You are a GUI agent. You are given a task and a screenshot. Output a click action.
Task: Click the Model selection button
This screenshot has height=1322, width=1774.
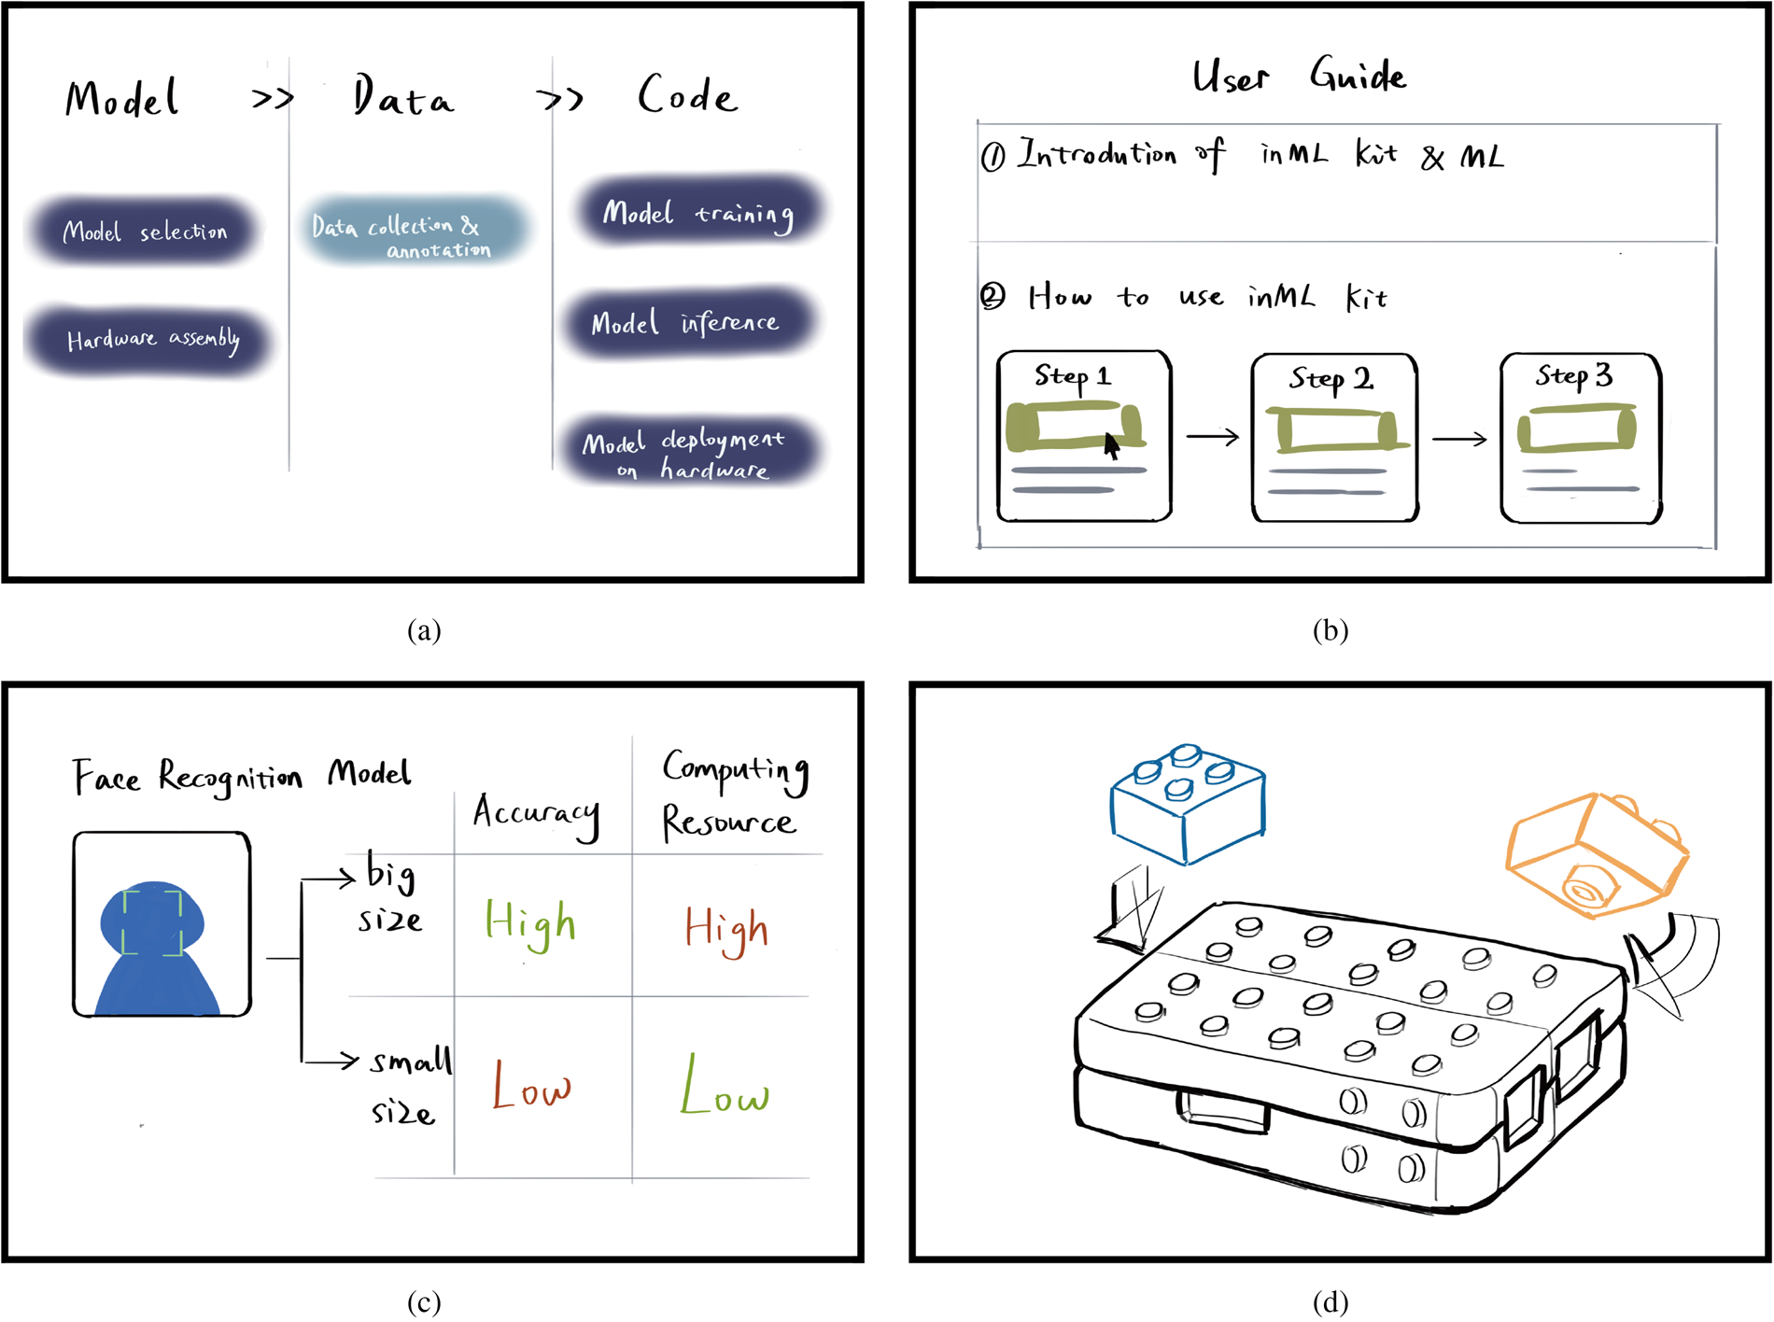click(x=145, y=231)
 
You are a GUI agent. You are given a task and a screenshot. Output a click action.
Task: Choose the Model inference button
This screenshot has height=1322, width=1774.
click(x=686, y=323)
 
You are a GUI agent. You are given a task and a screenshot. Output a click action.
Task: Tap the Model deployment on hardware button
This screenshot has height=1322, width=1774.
click(x=686, y=452)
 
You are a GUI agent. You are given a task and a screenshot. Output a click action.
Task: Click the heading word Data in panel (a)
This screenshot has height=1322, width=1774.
click(x=402, y=97)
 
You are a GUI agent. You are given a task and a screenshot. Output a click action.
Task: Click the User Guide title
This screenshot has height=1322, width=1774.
click(x=1299, y=76)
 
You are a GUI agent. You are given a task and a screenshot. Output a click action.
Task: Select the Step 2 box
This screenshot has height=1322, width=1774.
click(x=1334, y=437)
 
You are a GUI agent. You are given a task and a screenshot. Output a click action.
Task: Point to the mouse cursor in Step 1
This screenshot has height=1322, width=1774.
click(x=1110, y=446)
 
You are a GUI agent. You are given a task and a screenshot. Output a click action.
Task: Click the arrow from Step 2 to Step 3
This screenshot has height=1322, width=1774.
click(x=1458, y=438)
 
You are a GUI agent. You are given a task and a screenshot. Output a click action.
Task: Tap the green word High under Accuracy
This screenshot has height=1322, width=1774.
click(x=530, y=922)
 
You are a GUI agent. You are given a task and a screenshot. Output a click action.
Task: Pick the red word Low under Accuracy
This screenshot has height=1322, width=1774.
click(x=530, y=1085)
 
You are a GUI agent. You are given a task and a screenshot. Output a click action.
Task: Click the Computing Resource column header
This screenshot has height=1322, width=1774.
click(x=732, y=795)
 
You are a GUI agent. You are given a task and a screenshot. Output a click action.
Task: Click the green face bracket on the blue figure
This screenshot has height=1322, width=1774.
click(x=152, y=921)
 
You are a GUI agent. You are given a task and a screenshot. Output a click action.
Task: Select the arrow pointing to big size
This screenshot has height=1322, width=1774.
click(x=329, y=878)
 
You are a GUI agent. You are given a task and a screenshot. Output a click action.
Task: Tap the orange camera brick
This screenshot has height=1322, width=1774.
click(x=1596, y=853)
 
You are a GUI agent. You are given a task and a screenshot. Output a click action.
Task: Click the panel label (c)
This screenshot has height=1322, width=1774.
click(x=424, y=1301)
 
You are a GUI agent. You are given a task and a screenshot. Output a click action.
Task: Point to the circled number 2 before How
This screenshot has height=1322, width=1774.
click(x=993, y=297)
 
